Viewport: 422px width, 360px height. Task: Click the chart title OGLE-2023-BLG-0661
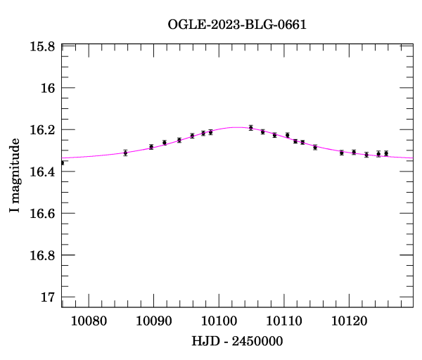[237, 25]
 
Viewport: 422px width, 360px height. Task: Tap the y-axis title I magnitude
[15, 176]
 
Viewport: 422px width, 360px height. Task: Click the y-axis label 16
[49, 89]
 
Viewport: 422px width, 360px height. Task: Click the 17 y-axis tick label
[49, 297]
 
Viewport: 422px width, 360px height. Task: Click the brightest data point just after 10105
[250, 128]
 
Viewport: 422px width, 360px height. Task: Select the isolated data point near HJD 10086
[125, 153]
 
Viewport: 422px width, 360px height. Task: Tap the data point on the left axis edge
[62, 162]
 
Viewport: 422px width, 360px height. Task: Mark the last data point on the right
[386, 153]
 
